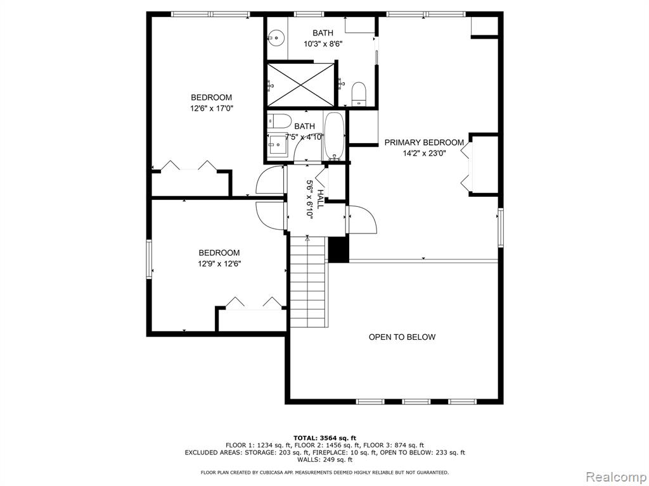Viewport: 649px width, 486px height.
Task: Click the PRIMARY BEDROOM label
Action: point(424,142)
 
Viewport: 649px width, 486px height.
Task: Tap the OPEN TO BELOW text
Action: point(402,337)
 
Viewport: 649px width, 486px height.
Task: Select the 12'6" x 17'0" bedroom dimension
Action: point(212,109)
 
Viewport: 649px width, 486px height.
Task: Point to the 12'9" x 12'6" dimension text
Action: point(219,264)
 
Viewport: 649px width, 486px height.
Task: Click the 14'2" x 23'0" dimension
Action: point(424,153)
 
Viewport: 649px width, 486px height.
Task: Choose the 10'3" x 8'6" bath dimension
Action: point(323,44)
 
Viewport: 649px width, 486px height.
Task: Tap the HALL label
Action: point(320,199)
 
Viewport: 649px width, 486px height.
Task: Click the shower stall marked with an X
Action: point(300,85)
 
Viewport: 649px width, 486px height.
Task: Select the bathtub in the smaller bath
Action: point(334,136)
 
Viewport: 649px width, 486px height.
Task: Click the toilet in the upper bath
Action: point(359,94)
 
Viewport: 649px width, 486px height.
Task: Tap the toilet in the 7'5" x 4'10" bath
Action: point(276,121)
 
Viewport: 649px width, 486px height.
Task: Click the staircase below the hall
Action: point(308,282)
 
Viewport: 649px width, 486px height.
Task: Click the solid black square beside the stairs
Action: point(338,249)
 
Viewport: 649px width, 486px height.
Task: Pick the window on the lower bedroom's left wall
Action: point(149,259)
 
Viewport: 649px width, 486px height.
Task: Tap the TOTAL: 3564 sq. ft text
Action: point(325,438)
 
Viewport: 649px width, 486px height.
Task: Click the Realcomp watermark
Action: point(615,477)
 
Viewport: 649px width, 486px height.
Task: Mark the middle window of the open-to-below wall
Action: point(416,401)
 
